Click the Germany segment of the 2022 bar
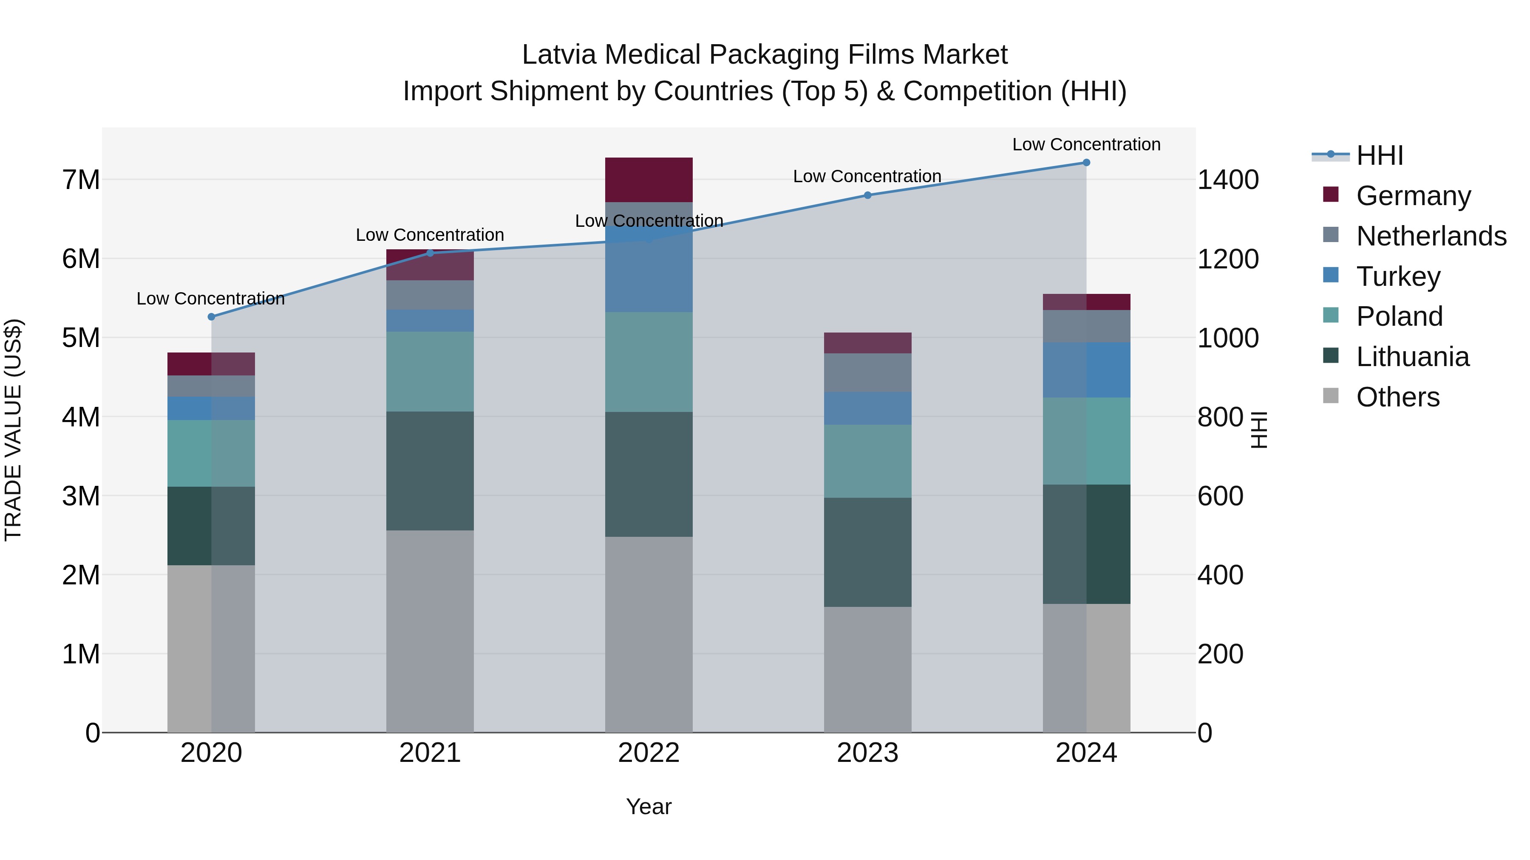point(649,180)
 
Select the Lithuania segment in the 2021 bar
point(430,471)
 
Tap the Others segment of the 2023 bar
point(867,669)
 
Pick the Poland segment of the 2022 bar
point(649,361)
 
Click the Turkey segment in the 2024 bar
point(1086,370)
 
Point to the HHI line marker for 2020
point(212,317)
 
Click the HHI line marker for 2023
point(867,195)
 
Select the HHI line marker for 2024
point(1086,163)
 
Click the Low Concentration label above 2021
point(430,235)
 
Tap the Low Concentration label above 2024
point(1086,144)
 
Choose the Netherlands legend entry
point(1431,236)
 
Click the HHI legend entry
point(1379,155)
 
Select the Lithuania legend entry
point(1412,357)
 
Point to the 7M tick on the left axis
point(81,180)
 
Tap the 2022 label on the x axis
point(649,753)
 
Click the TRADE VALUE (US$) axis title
point(13,430)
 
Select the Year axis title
point(649,806)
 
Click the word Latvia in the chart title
point(559,55)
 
